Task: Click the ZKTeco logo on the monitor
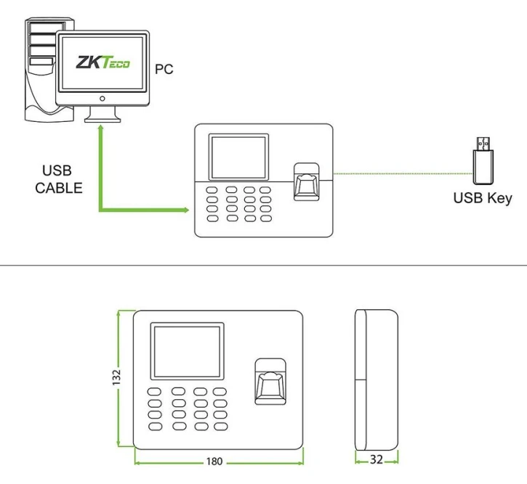point(102,64)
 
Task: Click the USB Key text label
point(483,197)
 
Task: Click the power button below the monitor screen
point(102,97)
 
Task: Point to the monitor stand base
point(101,118)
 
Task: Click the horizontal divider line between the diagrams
point(263,266)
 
